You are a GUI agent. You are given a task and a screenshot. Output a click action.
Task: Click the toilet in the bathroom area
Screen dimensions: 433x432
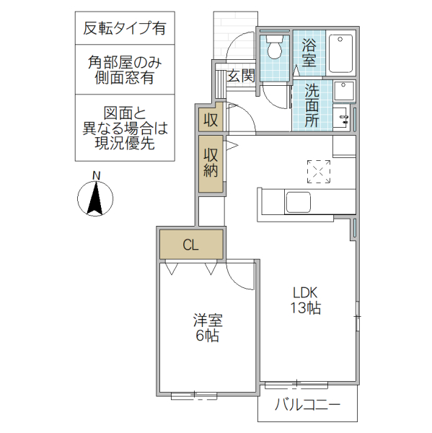click(x=274, y=49)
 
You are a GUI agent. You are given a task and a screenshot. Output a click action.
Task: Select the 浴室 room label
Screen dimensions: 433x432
click(x=309, y=53)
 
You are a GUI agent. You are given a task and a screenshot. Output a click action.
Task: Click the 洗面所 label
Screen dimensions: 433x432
click(x=312, y=105)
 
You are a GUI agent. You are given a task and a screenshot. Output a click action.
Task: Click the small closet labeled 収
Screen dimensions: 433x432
click(x=211, y=119)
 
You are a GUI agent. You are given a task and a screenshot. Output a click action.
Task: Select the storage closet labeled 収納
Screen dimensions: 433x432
click(x=211, y=162)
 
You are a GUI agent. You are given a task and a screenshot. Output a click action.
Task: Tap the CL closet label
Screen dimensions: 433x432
click(x=190, y=245)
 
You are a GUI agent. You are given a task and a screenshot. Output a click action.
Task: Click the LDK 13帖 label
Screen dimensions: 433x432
click(x=305, y=300)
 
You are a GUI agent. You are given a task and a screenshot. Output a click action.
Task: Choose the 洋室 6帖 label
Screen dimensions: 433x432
click(x=206, y=328)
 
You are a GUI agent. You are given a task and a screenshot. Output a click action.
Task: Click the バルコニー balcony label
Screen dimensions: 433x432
click(x=307, y=406)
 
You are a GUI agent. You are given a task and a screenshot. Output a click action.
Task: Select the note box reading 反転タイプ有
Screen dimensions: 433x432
click(x=124, y=29)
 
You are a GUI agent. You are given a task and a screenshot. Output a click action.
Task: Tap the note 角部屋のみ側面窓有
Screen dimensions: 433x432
click(x=124, y=70)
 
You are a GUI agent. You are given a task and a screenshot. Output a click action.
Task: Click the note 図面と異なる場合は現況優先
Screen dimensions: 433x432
click(x=124, y=128)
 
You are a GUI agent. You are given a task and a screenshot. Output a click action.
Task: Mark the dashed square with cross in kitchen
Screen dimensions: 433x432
click(x=317, y=171)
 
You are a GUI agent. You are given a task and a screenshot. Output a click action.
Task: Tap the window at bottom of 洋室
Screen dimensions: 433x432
click(x=194, y=395)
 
